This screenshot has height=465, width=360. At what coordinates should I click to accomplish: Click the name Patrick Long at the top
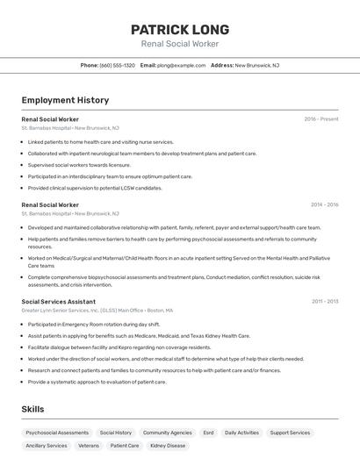coord(180,29)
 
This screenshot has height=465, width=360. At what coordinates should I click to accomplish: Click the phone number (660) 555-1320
coord(117,65)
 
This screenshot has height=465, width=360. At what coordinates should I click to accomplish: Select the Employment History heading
coord(65,100)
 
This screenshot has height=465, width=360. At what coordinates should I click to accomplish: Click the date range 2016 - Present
coord(321,118)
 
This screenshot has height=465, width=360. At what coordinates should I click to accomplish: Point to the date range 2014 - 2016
coord(324,204)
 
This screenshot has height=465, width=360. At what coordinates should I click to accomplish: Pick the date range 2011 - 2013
coord(325,301)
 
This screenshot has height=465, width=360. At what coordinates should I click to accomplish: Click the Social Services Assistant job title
coord(58,301)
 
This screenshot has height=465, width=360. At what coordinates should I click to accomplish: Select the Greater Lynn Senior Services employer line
coord(97,310)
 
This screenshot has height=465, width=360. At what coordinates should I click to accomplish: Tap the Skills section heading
coord(32,409)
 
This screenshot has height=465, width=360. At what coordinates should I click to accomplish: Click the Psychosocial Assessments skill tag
coord(57,433)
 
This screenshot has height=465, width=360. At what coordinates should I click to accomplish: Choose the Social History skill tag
coord(116,433)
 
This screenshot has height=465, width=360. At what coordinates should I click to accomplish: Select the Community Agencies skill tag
coord(167,433)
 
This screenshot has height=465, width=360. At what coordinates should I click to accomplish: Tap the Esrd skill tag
coord(208,433)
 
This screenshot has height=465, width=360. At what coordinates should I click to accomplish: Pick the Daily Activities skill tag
coord(241,433)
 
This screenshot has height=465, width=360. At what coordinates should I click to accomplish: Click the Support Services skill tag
coord(290,433)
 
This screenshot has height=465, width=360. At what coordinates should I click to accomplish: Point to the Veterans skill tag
coord(89,446)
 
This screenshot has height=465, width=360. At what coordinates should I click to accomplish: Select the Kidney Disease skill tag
coord(168,446)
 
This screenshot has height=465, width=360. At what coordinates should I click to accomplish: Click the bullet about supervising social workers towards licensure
coord(79,165)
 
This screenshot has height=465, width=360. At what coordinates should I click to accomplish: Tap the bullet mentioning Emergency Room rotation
coord(94,324)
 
